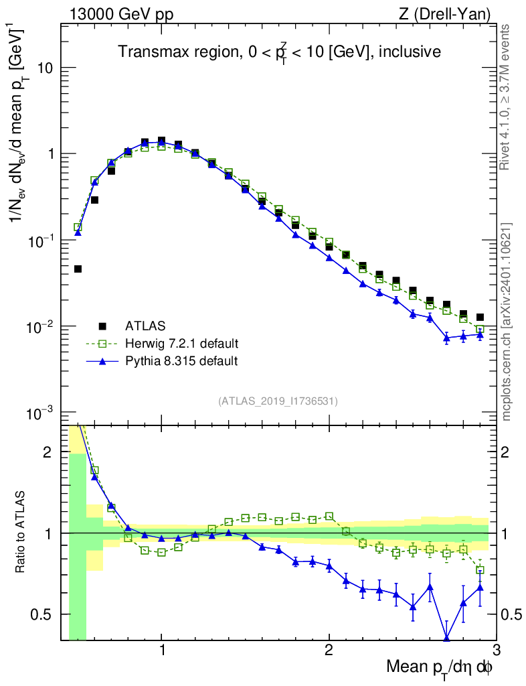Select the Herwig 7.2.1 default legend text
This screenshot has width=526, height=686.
[182, 344]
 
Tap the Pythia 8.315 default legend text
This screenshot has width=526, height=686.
[181, 361]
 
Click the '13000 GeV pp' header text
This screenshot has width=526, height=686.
[120, 13]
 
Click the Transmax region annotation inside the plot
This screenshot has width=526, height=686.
[279, 52]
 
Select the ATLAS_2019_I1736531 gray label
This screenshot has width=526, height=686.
[278, 401]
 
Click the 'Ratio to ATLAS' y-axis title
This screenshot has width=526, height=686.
[21, 533]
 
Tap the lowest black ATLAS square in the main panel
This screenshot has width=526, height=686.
[78, 269]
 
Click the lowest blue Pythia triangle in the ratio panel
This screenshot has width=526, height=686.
[446, 638]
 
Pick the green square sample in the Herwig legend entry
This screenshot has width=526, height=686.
[102, 344]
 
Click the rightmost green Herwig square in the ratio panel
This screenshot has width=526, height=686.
[480, 570]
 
